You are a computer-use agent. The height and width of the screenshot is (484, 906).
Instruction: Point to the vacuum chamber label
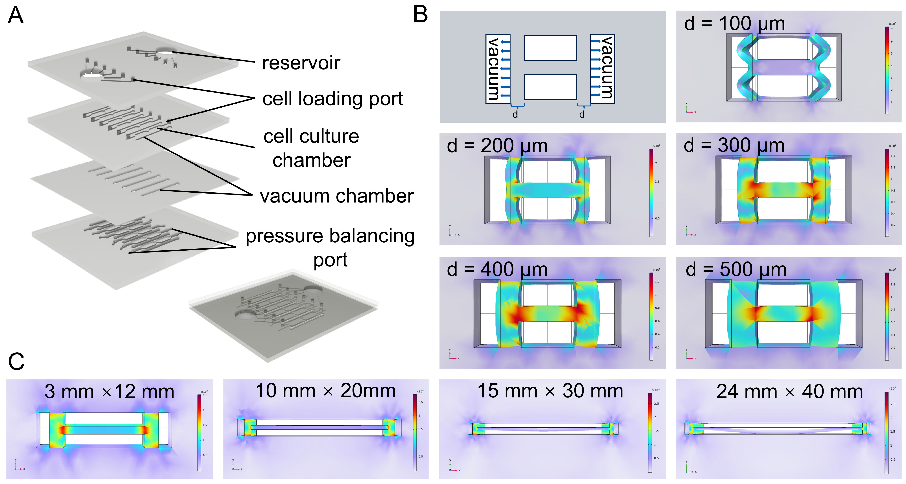pos(337,196)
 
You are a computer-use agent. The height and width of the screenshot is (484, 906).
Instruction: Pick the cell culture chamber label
pos(311,148)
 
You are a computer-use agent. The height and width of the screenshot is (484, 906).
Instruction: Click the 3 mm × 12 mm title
pos(109,392)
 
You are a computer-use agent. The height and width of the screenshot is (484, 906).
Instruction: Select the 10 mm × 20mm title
pos(325,391)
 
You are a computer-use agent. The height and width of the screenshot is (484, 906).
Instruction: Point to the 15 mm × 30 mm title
pos(550,391)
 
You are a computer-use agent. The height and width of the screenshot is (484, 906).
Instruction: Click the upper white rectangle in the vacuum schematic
pos(550,48)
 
